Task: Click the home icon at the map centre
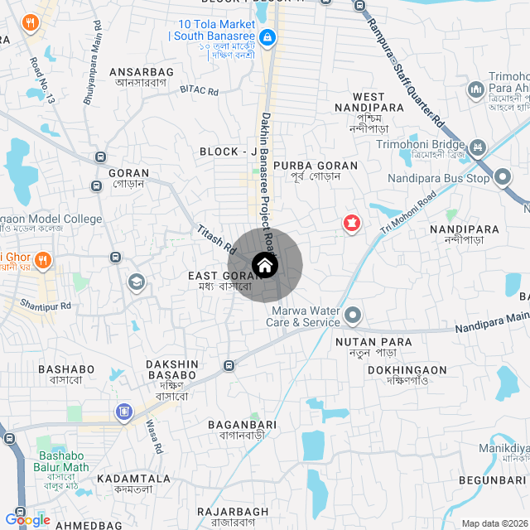click(x=264, y=266)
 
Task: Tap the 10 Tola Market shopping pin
click(x=267, y=37)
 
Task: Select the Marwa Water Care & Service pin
click(x=354, y=315)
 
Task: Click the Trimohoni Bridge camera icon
click(x=477, y=149)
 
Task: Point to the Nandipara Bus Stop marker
click(x=503, y=177)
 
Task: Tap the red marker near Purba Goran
click(x=352, y=223)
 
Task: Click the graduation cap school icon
click(x=135, y=283)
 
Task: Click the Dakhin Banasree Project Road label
click(x=267, y=177)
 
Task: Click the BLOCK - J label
click(x=229, y=152)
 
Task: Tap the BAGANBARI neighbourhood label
click(x=242, y=424)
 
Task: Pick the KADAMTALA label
click(x=133, y=479)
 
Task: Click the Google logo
click(x=27, y=520)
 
